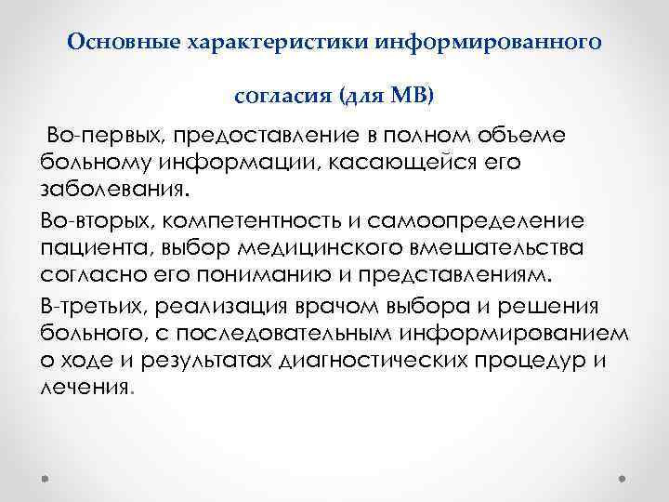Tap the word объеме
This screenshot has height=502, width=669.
click(x=531, y=137)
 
